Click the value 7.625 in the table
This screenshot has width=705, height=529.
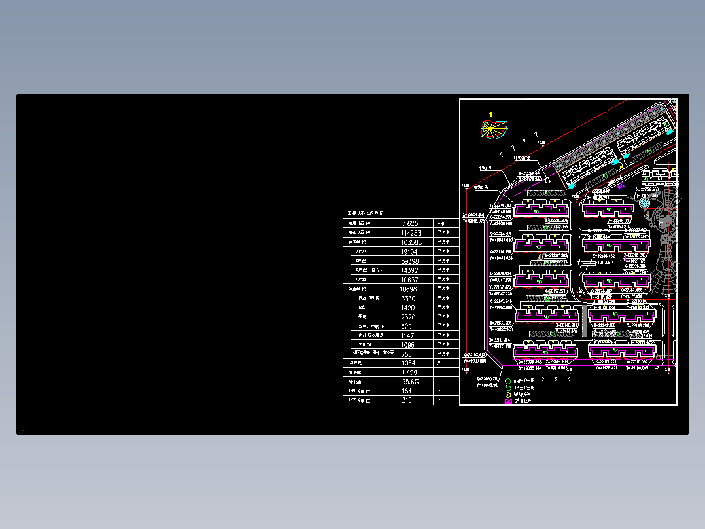(409, 223)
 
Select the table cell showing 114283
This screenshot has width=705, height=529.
(411, 233)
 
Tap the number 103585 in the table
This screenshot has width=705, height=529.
(411, 242)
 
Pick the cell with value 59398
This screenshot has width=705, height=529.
(410, 261)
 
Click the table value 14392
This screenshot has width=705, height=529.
(410, 270)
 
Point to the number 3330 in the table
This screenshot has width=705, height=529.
(408, 299)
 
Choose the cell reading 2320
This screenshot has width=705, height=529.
(408, 317)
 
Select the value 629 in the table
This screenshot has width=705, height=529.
(407, 326)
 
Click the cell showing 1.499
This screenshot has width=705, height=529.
(409, 373)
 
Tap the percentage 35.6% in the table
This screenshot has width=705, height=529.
(410, 382)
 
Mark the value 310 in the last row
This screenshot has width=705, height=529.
(407, 400)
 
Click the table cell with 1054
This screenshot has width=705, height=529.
(408, 363)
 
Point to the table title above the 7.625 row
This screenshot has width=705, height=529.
(365, 213)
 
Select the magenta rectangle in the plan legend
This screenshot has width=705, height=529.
(508, 401)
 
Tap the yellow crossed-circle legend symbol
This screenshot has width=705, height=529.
(508, 395)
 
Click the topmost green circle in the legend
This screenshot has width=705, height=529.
(508, 380)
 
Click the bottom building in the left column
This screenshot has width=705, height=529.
(545, 350)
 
